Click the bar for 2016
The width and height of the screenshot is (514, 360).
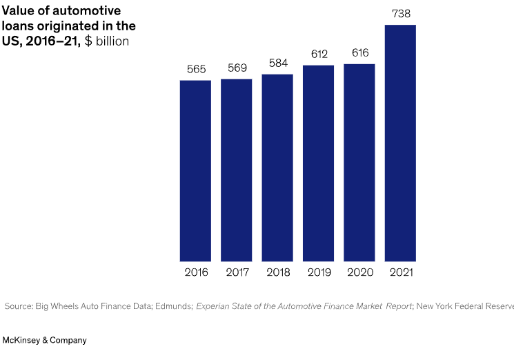point(195,170)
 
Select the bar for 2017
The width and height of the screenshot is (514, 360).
point(237,170)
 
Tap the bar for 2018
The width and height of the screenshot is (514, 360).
point(277,168)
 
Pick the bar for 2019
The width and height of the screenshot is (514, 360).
point(318,163)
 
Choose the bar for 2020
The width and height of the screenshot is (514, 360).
point(359,163)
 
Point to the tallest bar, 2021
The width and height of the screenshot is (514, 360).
point(400,143)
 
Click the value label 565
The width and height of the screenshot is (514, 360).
point(196,70)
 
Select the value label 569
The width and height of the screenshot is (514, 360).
point(237,68)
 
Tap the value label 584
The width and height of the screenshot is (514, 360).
point(277,63)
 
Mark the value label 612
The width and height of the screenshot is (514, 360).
point(318,54)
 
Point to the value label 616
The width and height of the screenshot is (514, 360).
point(359,53)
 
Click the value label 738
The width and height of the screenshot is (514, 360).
point(400,14)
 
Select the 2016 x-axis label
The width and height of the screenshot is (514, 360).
point(196,272)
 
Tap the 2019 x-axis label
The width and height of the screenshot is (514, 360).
point(318,272)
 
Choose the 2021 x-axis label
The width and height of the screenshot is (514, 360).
point(400,272)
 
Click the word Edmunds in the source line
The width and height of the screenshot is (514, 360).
point(173,306)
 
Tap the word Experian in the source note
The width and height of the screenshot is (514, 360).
point(215,306)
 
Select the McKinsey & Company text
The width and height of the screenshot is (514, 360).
point(45,341)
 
